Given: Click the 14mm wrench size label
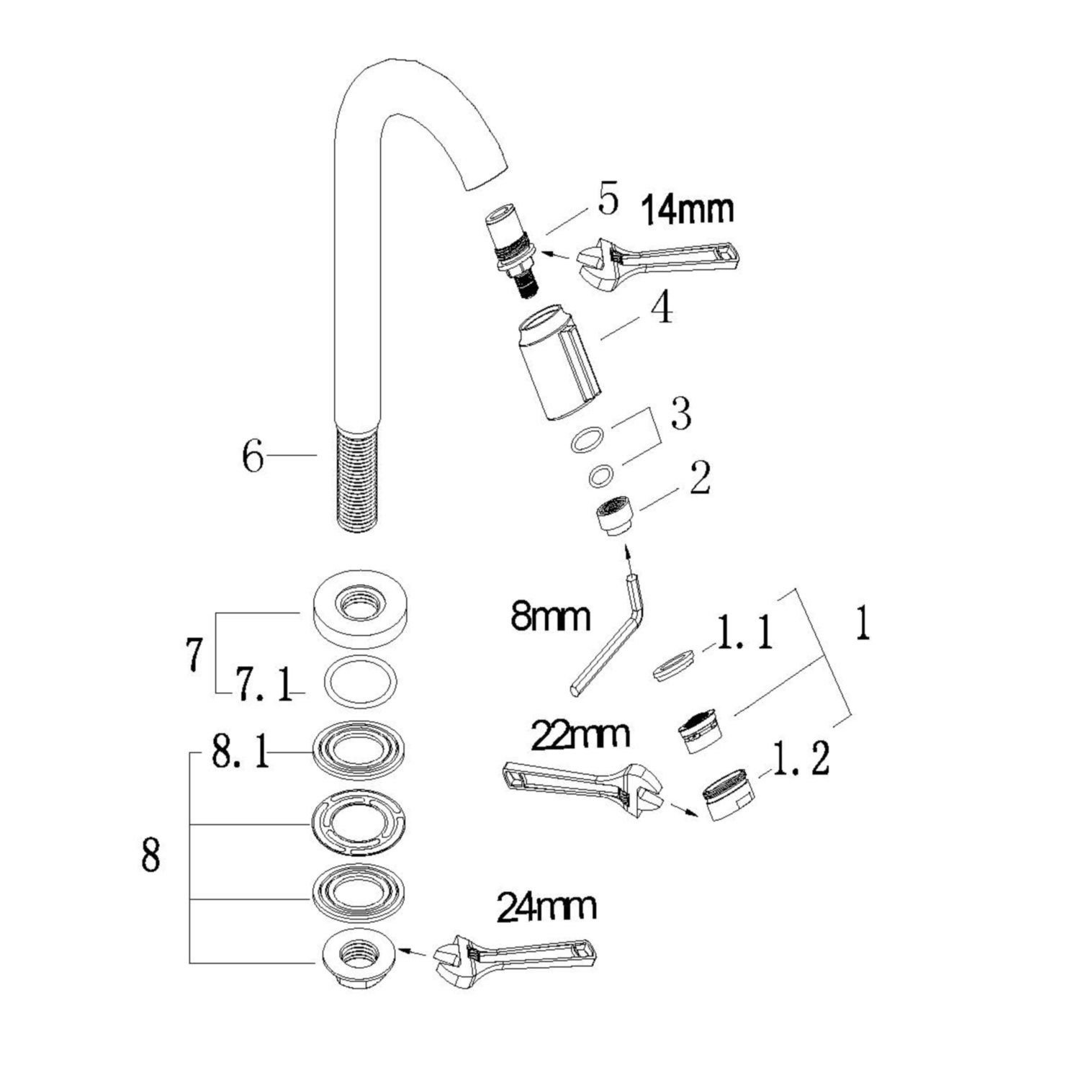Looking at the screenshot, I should (688, 210).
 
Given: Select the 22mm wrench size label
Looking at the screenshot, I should (580, 735).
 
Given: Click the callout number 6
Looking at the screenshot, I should (253, 456).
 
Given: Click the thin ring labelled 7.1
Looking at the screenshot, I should (361, 681).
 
